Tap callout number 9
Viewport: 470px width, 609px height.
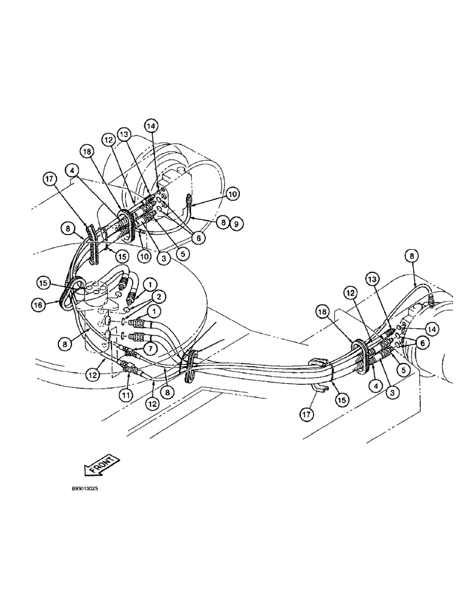click(237, 224)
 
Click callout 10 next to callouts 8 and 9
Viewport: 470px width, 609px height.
click(232, 194)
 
